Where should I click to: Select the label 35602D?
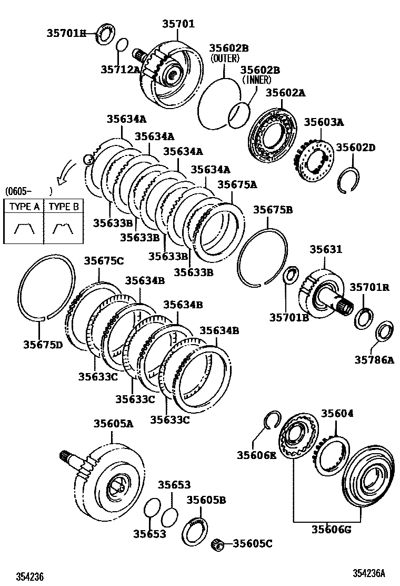356,148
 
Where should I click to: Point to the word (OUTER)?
225,58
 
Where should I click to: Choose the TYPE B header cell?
64,207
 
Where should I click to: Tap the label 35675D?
43,345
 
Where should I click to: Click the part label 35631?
325,249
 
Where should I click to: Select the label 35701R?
369,287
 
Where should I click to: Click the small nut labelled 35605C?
216,543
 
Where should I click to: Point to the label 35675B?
273,210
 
